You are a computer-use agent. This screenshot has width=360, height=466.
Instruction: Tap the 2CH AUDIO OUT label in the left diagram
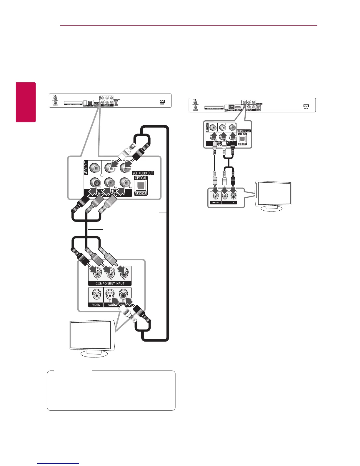pyautogui.click(x=143, y=173)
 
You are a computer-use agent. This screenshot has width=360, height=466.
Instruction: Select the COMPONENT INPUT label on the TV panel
pyautogui.click(x=110, y=284)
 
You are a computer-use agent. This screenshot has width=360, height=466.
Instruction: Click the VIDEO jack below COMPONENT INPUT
pyautogui.click(x=96, y=294)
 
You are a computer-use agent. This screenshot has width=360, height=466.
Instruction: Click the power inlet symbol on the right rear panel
pyautogui.click(x=306, y=106)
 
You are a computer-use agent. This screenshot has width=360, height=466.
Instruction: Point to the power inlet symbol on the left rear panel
pyautogui.click(x=162, y=101)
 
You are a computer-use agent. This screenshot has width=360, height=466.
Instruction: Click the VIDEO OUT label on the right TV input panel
pyautogui.click(x=216, y=203)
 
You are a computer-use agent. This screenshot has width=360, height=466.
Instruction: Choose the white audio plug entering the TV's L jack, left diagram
pyautogui.click(x=125, y=312)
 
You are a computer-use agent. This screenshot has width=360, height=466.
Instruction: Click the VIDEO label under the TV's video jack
pyautogui.click(x=96, y=305)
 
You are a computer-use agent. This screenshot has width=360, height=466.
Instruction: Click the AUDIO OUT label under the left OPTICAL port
pyautogui.click(x=141, y=194)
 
